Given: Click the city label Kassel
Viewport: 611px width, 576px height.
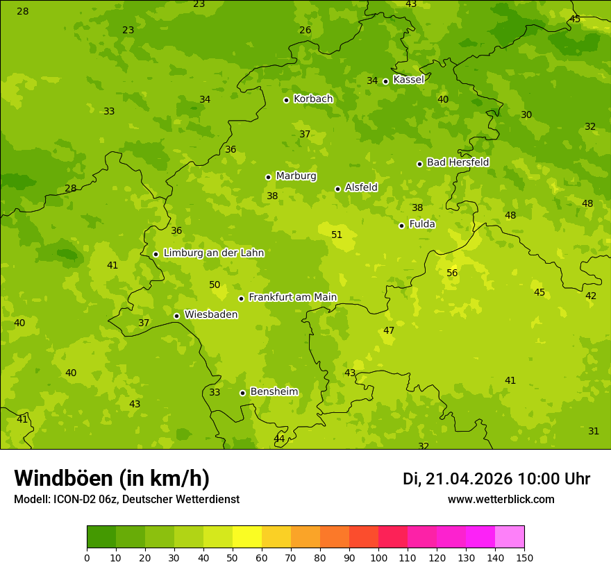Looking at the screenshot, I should point(408,80).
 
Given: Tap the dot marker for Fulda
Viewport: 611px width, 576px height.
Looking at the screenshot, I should point(401,226).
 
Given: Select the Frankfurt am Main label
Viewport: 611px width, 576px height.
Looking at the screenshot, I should point(292,298).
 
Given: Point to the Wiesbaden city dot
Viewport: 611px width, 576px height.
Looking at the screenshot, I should point(176,316).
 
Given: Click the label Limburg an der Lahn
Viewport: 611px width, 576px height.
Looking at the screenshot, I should point(213,253).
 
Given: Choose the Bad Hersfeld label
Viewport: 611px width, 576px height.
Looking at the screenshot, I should point(458,162).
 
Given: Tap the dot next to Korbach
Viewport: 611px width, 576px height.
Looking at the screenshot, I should point(286,100).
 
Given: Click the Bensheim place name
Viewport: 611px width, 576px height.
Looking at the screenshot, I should point(274,392).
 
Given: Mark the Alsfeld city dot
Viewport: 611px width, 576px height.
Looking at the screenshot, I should point(337,189).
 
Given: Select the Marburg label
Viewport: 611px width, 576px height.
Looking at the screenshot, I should point(296,176).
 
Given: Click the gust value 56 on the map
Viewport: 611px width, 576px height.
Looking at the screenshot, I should point(452,273).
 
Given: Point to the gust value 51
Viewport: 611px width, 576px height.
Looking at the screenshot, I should point(337,235).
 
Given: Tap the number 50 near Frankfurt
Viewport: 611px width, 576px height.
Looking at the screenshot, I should point(215,285).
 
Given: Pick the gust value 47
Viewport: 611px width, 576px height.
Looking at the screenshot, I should point(389,331).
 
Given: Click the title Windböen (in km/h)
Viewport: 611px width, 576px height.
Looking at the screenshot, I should point(112,478).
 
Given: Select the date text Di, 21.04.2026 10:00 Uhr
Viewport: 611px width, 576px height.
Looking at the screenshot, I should point(496,479).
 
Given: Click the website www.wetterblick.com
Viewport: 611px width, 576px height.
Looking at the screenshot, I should point(501,500).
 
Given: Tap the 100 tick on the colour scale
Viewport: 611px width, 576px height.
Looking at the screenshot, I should point(378,557).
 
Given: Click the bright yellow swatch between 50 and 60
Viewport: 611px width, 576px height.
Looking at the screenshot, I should point(246,537).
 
